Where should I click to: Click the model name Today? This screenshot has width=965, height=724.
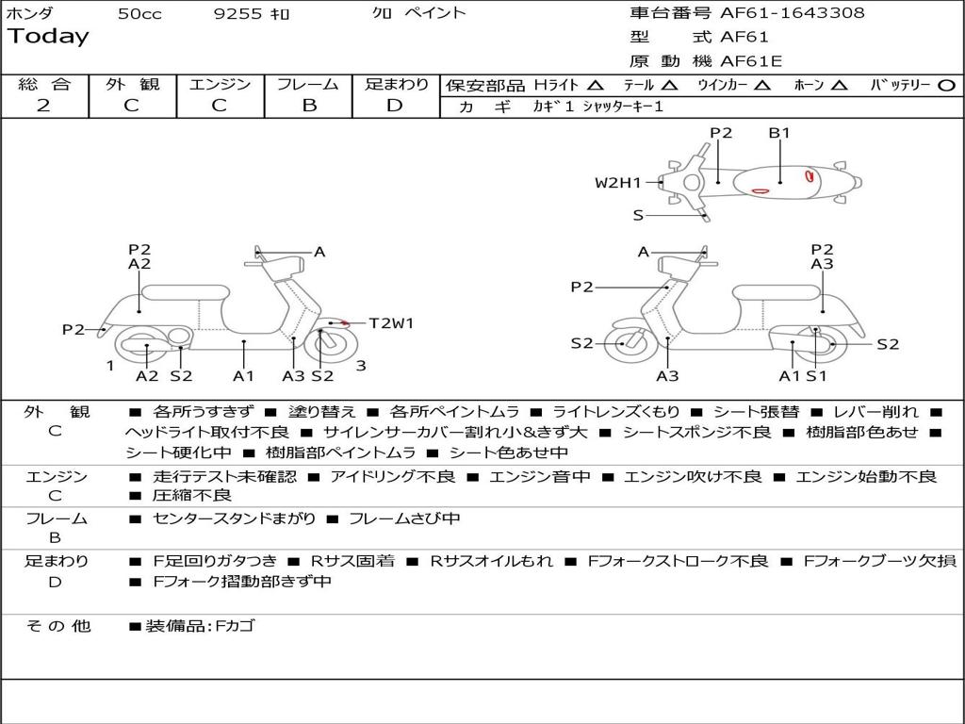pyautogui.click(x=48, y=37)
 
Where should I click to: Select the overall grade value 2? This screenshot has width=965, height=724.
pyautogui.click(x=43, y=106)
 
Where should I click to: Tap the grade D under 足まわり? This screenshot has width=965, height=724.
pyautogui.click(x=395, y=106)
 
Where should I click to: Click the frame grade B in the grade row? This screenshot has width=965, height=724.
pyautogui.click(x=308, y=106)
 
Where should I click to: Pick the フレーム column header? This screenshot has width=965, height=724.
pyautogui.click(x=308, y=84)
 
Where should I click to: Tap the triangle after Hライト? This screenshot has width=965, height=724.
pyautogui.click(x=596, y=85)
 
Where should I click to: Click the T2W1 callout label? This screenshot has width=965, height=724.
pyautogui.click(x=391, y=323)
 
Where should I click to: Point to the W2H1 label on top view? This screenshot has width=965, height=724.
pyautogui.click(x=617, y=183)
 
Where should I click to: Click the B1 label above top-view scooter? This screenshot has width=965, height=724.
pyautogui.click(x=779, y=133)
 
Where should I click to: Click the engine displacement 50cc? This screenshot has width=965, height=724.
pyautogui.click(x=138, y=13)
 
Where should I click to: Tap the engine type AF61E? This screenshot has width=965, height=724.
pyautogui.click(x=751, y=61)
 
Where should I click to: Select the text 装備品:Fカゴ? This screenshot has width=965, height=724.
pyautogui.click(x=200, y=625)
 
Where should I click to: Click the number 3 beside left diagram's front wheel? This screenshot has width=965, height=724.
pyautogui.click(x=361, y=366)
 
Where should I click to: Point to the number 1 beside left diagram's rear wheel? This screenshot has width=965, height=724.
pyautogui.click(x=110, y=366)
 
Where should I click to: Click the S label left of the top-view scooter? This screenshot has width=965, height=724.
pyautogui.click(x=638, y=215)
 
